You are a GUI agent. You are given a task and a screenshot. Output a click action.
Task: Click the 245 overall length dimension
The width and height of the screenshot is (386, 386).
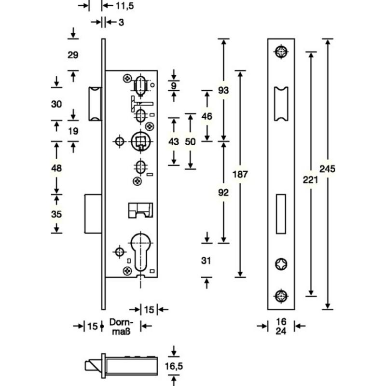tap(328, 169)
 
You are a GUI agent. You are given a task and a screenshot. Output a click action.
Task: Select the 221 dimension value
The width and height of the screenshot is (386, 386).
tap(310, 180)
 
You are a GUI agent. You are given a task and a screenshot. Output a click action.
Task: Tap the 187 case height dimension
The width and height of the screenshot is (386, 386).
tap(240, 174)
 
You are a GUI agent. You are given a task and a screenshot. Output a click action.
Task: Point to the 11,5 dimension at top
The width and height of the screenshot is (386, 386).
tap(125, 6)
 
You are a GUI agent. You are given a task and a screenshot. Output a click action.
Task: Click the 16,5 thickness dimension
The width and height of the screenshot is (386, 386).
tap(174, 366)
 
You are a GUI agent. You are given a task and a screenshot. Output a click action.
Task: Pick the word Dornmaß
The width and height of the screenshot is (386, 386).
tap(121, 327)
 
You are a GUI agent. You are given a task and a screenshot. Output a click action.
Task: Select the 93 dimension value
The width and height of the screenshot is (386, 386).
tap(223, 90)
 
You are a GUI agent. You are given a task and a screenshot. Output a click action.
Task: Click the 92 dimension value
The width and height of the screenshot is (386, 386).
tap(223, 193)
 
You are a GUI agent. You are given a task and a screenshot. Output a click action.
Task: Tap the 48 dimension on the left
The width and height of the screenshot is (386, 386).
tap(56, 168)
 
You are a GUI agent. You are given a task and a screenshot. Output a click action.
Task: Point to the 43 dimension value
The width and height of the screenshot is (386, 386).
tap(174, 141)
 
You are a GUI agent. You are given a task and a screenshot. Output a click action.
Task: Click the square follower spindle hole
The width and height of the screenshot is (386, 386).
tap(140, 141)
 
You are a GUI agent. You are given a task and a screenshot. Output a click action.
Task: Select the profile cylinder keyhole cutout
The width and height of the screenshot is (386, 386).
tap(140, 251)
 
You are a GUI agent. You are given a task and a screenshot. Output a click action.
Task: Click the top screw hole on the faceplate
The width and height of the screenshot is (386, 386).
tap(281, 52)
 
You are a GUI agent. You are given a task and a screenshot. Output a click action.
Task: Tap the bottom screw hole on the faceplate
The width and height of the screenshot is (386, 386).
tap(281, 296)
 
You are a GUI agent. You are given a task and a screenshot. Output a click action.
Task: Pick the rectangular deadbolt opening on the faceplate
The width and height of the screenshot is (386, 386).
tap(281, 214)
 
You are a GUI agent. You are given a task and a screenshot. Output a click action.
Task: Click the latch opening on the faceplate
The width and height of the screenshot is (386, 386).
tap(281, 104)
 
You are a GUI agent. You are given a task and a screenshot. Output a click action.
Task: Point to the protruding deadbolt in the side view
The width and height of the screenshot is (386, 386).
tap(93, 214)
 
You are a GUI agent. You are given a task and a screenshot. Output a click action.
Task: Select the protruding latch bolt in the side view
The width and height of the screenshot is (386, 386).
tap(95, 104)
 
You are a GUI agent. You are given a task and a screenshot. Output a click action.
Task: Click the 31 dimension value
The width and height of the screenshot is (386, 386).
tap(206, 261)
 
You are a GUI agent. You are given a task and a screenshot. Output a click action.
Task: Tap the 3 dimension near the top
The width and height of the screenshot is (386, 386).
tap(121, 22)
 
